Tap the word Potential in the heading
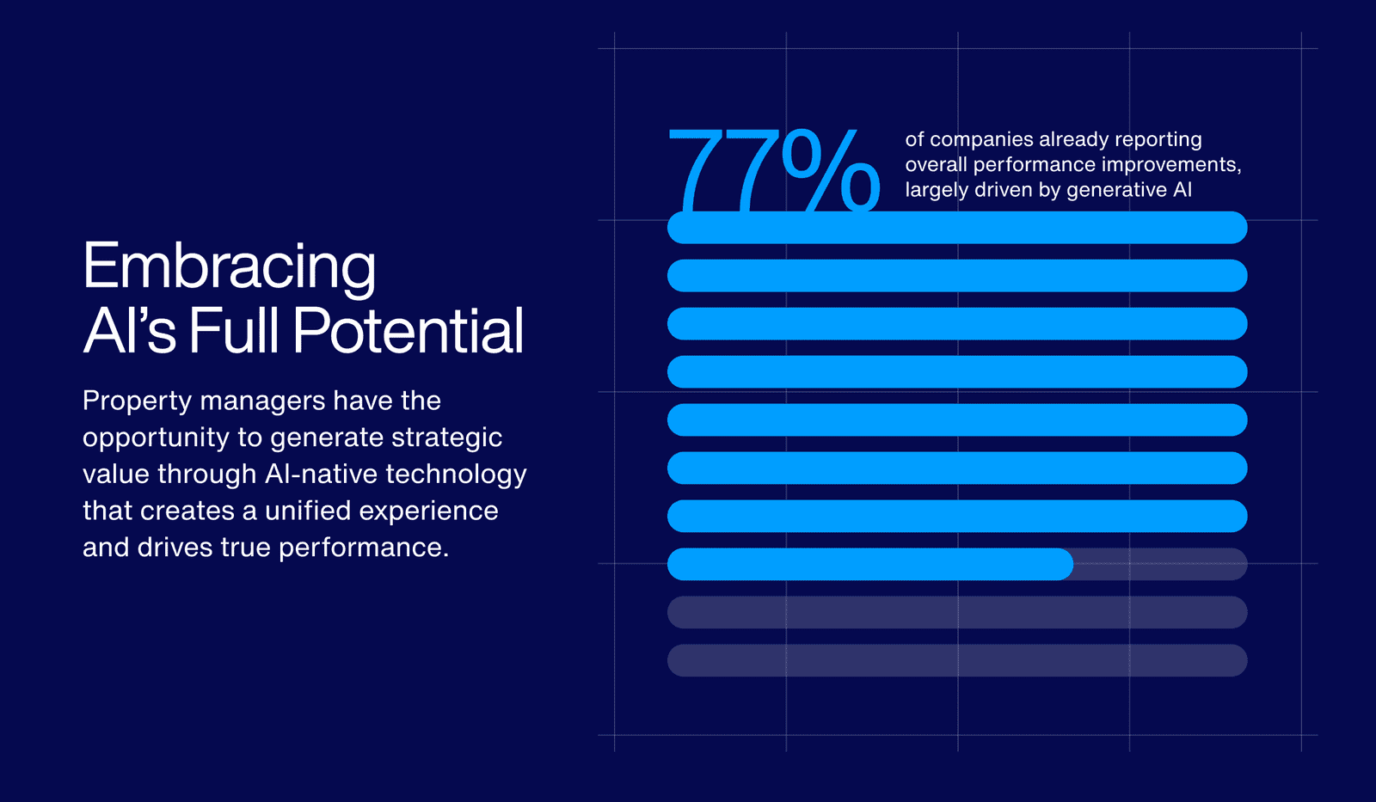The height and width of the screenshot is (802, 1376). (408, 331)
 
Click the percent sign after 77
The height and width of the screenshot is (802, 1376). (831, 171)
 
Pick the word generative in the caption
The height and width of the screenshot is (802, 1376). (1115, 190)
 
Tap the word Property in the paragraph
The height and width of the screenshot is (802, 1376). (137, 401)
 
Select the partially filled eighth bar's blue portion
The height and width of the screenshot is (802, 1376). (869, 564)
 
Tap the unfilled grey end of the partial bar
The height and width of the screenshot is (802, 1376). (1160, 564)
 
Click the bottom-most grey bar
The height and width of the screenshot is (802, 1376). (957, 660)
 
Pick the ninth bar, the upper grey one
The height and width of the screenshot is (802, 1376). (957, 612)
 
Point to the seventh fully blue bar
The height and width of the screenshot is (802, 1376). (957, 516)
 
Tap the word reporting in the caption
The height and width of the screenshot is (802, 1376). (1158, 139)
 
